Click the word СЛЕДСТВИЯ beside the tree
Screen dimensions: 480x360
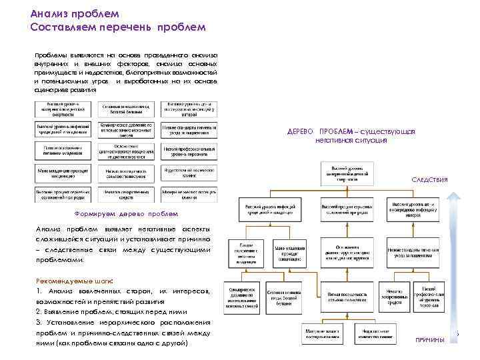(x=429, y=180)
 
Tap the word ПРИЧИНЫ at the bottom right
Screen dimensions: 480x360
(x=429, y=340)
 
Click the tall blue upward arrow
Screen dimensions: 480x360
(x=455, y=267)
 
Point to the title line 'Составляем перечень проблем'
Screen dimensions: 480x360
(x=118, y=27)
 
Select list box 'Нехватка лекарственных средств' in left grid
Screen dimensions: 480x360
(x=125, y=194)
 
